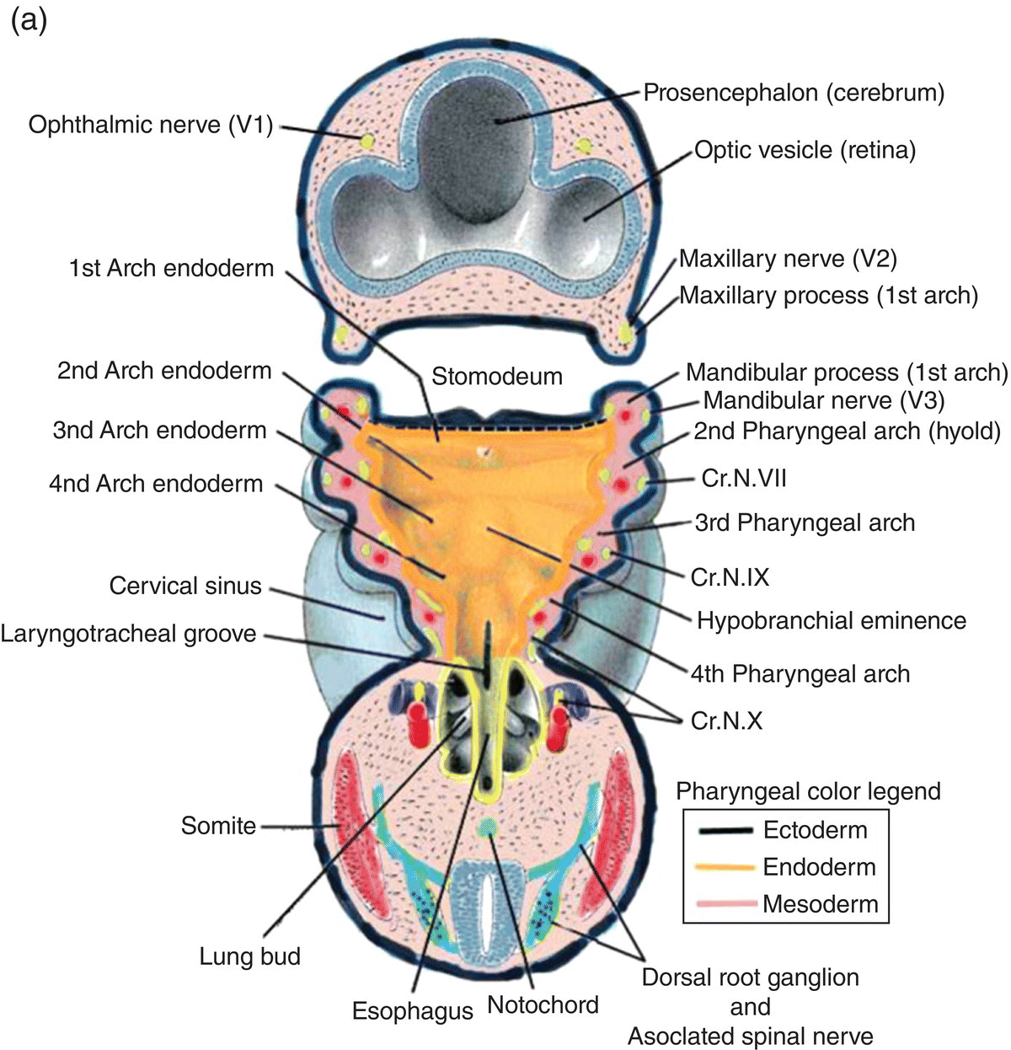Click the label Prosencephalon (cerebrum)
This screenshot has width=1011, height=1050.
click(794, 92)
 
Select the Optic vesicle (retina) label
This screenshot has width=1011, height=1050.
click(805, 151)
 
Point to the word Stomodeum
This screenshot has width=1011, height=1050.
click(497, 376)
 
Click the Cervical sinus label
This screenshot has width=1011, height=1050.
click(185, 586)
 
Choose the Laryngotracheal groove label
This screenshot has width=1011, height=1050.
click(128, 633)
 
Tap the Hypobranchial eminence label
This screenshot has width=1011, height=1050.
click(831, 621)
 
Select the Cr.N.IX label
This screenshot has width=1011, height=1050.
click(730, 576)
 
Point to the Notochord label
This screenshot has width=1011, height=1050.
click(543, 1004)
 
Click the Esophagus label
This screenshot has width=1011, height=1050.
click(413, 1010)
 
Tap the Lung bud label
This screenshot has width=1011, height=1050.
click(249, 956)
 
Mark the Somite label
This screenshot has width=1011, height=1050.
click(218, 825)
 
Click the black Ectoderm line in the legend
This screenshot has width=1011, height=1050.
click(725, 831)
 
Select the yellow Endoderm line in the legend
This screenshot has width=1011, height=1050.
click(725, 867)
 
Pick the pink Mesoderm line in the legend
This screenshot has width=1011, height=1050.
click(725, 904)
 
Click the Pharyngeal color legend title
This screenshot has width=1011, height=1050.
click(808, 791)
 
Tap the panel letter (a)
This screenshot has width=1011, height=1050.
click(28, 20)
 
